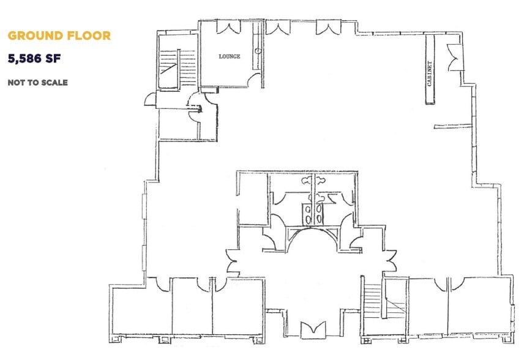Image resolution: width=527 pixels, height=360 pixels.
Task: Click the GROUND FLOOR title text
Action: pyautogui.click(x=59, y=36)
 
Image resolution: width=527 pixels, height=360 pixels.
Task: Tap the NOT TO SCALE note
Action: pyautogui.click(x=37, y=82)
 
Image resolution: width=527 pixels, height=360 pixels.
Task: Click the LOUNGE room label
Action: pyautogui.click(x=230, y=56)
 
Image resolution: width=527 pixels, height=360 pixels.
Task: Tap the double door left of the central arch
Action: pyautogui.click(x=231, y=261)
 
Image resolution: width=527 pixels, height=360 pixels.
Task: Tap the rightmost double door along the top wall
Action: pyautogui.click(x=326, y=27)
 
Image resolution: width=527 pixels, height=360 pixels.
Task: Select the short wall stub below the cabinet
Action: pyautogui.click(x=452, y=127)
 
